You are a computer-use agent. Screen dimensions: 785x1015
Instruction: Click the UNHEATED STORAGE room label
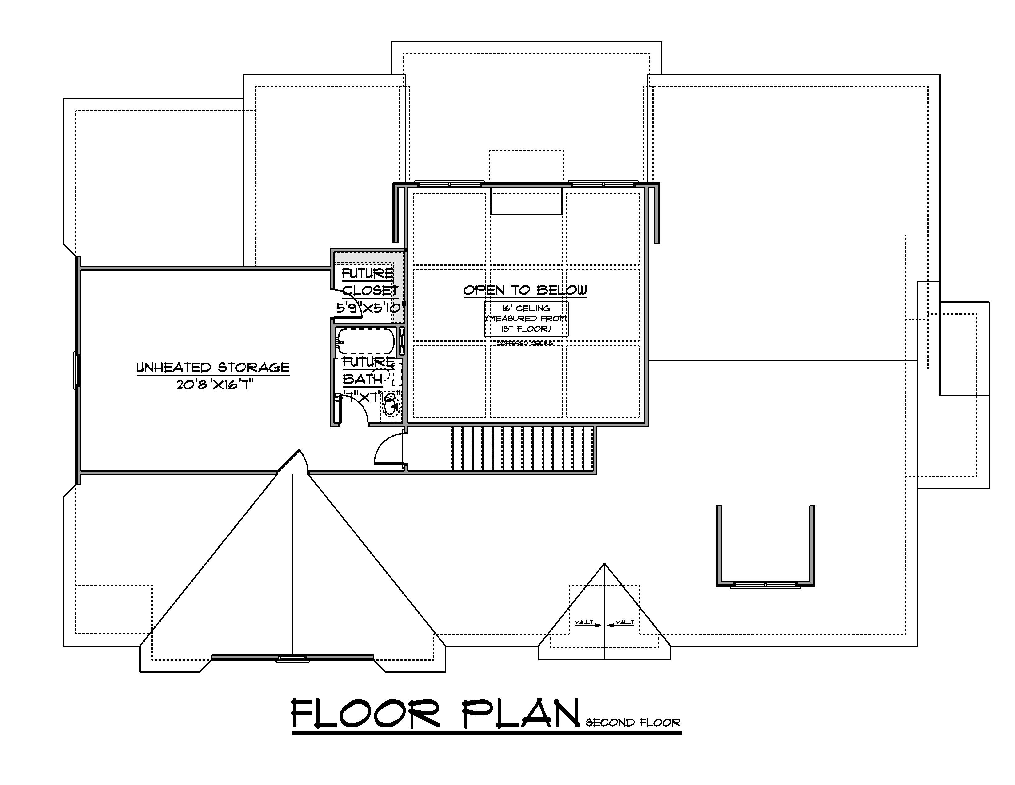(213, 367)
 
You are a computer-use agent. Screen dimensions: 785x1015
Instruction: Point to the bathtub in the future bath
(366, 341)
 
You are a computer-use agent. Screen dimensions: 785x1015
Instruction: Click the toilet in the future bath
(391, 408)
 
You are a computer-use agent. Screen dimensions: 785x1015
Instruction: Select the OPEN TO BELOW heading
(525, 290)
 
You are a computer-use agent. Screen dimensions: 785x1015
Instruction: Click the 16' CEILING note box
(526, 319)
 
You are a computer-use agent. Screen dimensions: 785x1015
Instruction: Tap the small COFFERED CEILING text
(525, 344)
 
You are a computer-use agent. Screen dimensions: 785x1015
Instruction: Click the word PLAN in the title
(520, 714)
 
